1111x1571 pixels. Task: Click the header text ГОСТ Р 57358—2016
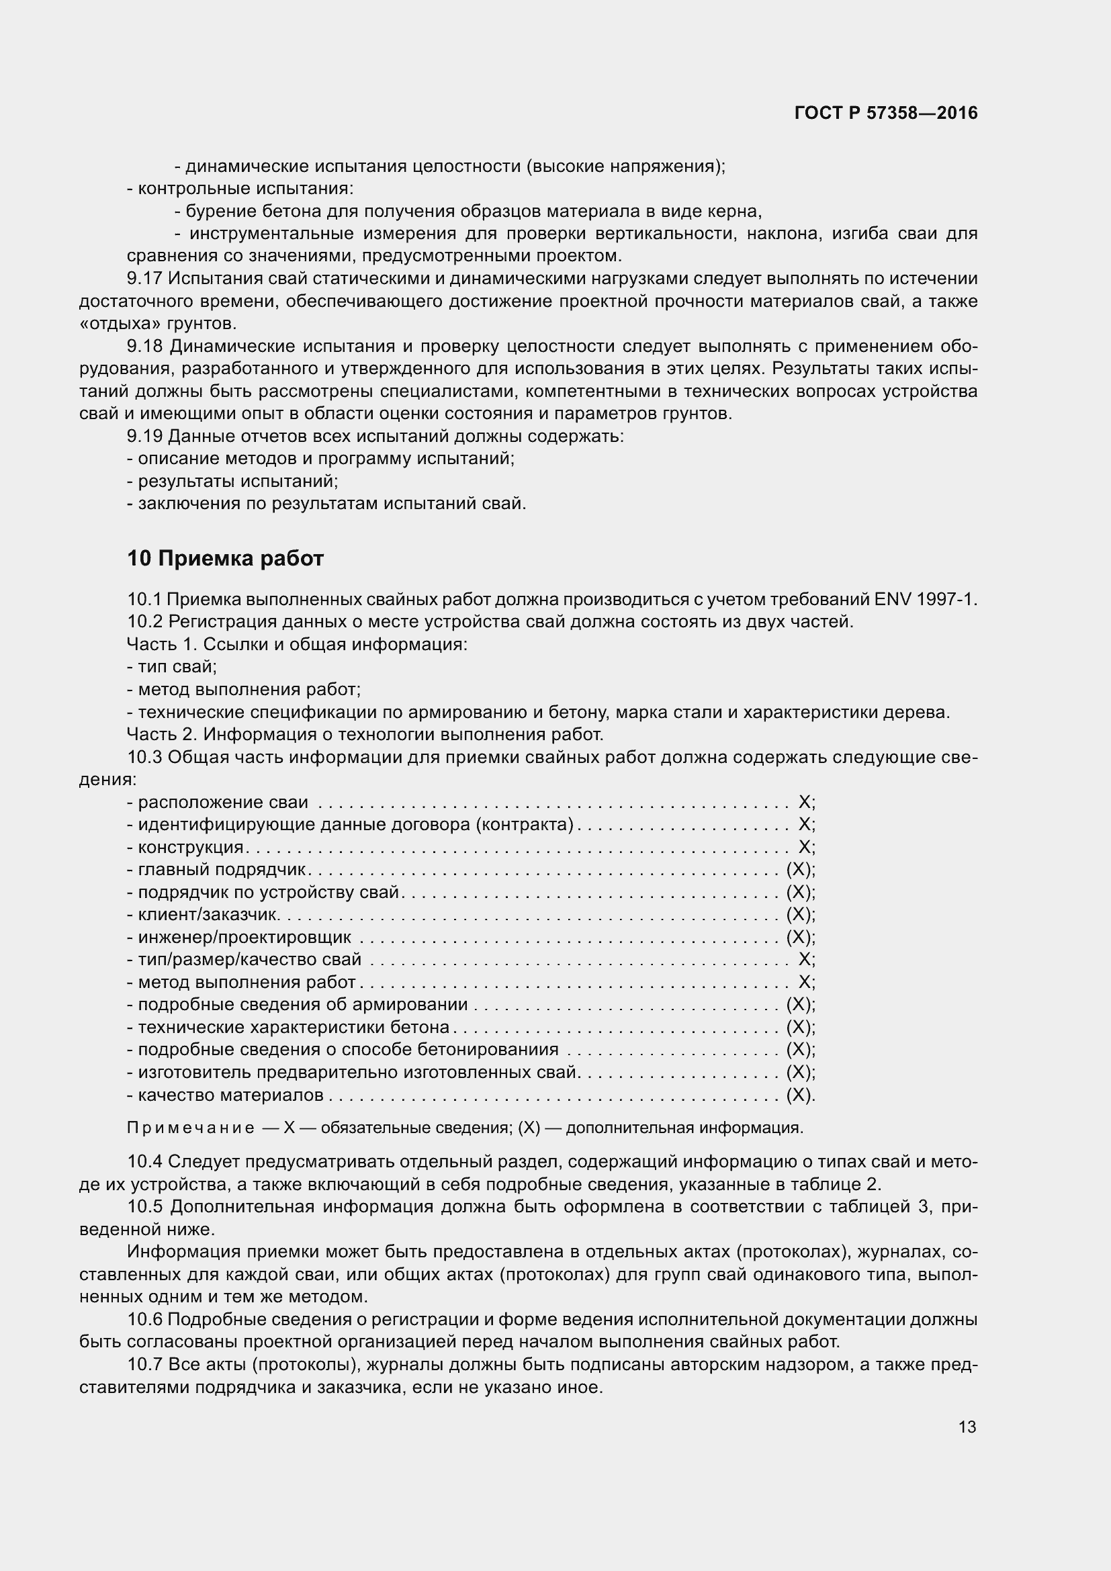pos(886,114)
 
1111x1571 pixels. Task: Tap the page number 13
pos(967,1427)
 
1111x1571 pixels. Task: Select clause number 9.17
pos(144,279)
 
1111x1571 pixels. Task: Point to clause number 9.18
pos(144,346)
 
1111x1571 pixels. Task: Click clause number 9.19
pos(144,436)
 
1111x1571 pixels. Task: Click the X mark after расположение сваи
pos(805,802)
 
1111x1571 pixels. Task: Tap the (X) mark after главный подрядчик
pos(799,870)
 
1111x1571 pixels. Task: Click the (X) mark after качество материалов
pos(799,1095)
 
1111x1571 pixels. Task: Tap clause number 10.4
pos(144,1162)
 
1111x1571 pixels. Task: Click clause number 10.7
pos(144,1365)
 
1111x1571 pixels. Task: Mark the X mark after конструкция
pos(805,847)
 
